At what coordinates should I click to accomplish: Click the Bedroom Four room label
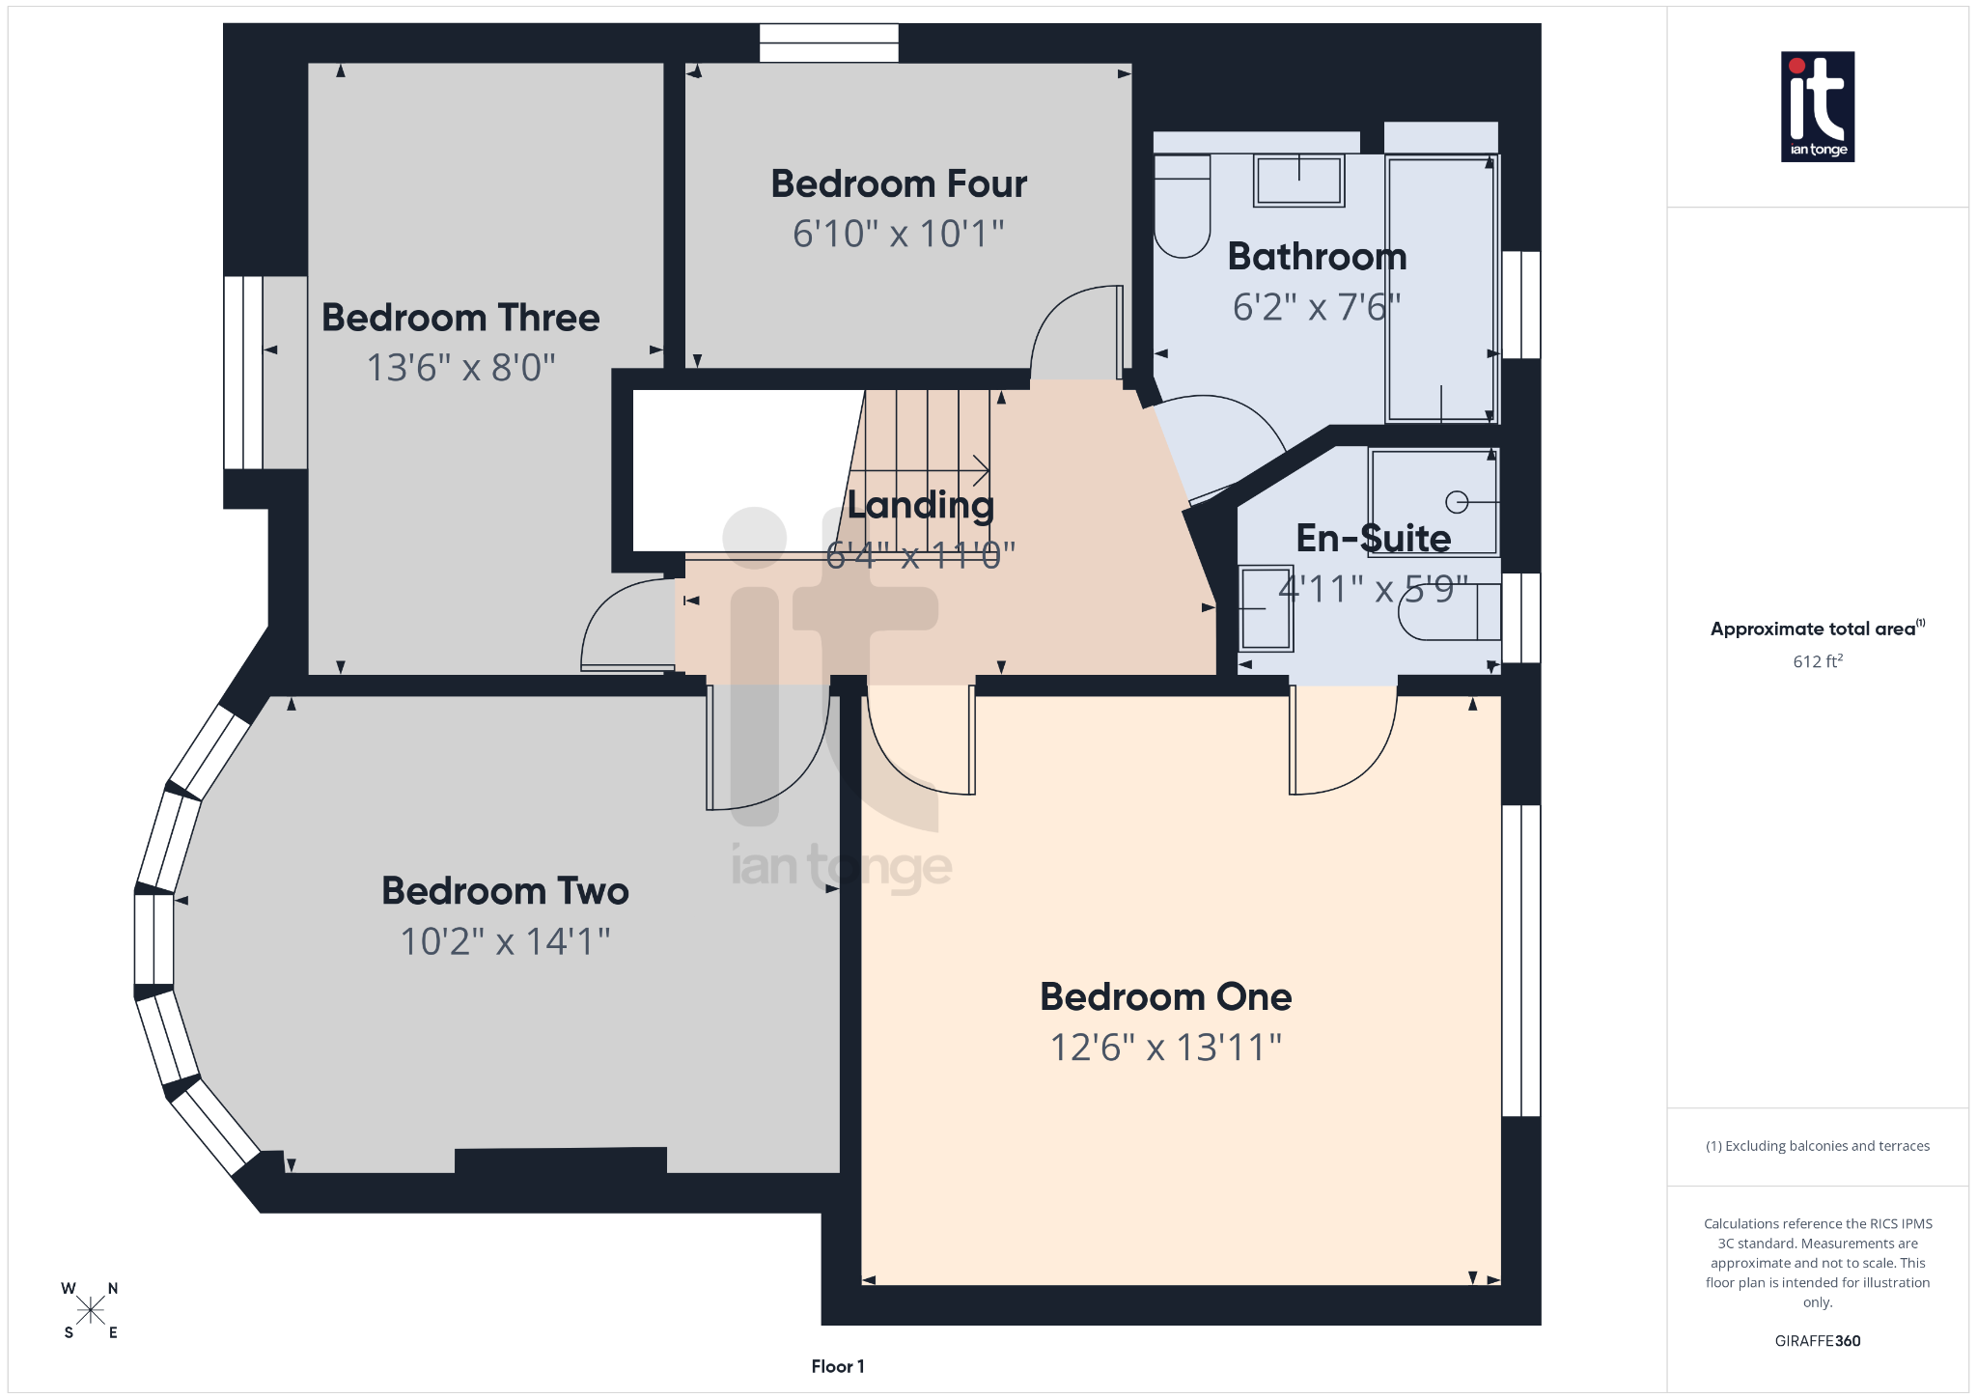coord(898,183)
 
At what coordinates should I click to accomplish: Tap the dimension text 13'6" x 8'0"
coord(461,368)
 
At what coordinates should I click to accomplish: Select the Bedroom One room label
coord(1165,996)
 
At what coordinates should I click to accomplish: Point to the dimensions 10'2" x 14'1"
coord(505,941)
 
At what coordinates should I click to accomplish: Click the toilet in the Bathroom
coord(1182,208)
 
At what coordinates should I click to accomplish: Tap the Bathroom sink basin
coord(1298,181)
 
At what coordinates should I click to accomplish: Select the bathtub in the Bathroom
coord(1440,290)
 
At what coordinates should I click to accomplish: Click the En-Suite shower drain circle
coord(1457,502)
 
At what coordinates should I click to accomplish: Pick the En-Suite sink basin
coord(1266,608)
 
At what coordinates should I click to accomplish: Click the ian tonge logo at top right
coord(1817,106)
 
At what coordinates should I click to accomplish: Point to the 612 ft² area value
coord(1817,661)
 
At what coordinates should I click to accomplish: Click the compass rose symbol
coord(91,1310)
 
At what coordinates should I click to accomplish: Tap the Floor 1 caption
coord(837,1366)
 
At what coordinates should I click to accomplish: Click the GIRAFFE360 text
coord(1817,1341)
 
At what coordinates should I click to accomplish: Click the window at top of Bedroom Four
coord(828,42)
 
